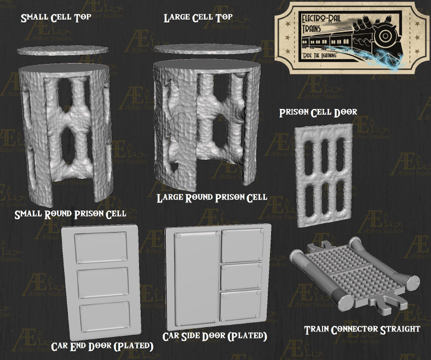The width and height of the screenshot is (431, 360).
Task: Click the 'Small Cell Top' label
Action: [x=56, y=18]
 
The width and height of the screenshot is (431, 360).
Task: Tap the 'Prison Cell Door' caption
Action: [x=318, y=112]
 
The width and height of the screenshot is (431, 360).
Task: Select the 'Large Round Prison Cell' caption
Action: [x=211, y=197]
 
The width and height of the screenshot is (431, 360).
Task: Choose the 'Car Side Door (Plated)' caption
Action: [x=215, y=335]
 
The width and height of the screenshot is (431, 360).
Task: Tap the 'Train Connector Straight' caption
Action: [x=362, y=329]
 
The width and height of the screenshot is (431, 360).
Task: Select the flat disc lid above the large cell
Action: [x=206, y=49]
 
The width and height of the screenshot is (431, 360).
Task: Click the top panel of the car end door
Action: [x=102, y=247]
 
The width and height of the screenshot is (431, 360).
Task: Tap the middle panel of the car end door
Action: [x=102, y=283]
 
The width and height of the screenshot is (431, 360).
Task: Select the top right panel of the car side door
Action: [x=242, y=245]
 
